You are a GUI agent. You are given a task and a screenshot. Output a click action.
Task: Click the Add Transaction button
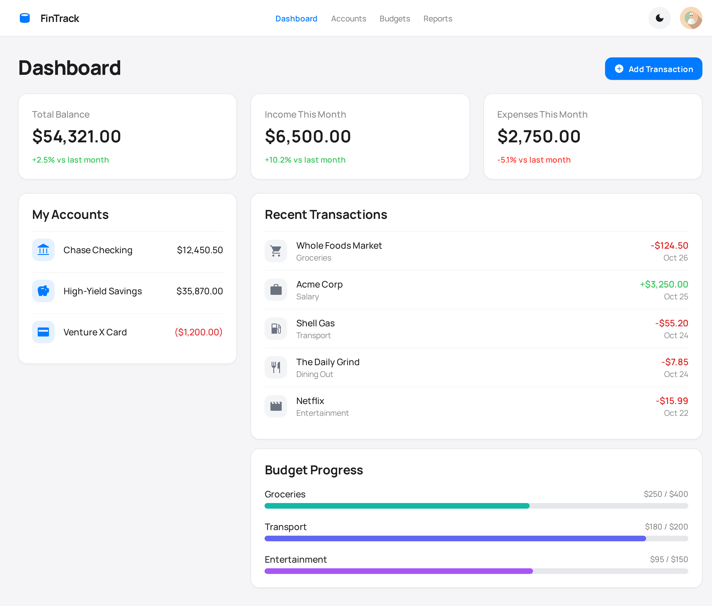click(x=653, y=69)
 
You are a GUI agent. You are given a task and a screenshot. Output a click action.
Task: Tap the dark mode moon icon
click(x=659, y=18)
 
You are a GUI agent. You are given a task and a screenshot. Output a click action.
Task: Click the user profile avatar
click(x=691, y=18)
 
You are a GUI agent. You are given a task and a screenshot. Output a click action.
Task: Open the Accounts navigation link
click(x=348, y=19)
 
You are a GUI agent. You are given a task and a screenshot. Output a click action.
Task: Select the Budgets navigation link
click(x=395, y=19)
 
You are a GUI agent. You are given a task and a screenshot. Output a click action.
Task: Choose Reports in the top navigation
click(x=437, y=19)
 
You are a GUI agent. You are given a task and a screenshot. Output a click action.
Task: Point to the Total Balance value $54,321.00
click(x=77, y=136)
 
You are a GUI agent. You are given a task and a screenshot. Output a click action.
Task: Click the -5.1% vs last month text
click(x=534, y=160)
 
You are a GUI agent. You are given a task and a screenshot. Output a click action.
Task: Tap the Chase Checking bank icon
click(x=43, y=250)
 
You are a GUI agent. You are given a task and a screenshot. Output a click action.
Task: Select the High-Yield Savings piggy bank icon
click(x=43, y=291)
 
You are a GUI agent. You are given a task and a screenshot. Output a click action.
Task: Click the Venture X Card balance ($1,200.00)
click(x=199, y=332)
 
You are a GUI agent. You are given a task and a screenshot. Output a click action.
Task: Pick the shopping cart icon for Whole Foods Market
click(x=276, y=251)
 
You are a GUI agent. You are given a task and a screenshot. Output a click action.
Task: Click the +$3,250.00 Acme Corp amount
click(x=664, y=284)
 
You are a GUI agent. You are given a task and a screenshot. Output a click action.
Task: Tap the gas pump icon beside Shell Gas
click(x=276, y=328)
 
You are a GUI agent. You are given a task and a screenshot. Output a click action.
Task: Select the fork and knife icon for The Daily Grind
click(x=276, y=367)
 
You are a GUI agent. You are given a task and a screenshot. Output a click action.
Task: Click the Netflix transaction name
click(x=310, y=401)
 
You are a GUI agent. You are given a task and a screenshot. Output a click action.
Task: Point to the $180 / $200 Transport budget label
click(x=666, y=527)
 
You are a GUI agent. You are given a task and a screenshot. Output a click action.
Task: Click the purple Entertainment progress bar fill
click(x=398, y=571)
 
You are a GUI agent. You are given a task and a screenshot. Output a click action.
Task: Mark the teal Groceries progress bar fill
click(x=397, y=506)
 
